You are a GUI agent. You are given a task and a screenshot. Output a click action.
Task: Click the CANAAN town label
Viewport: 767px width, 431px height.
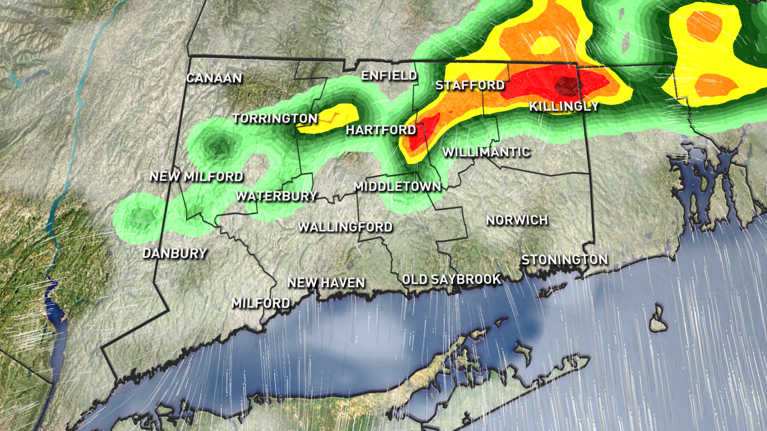[x=214, y=78]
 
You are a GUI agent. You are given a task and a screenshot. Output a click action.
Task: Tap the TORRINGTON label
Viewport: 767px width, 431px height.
[x=275, y=119]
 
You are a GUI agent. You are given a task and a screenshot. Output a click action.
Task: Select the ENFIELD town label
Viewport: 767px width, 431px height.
[x=389, y=75]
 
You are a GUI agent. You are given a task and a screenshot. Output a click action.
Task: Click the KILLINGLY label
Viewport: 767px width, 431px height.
[x=564, y=107]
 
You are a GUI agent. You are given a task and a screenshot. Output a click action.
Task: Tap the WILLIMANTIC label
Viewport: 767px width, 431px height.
[x=486, y=152]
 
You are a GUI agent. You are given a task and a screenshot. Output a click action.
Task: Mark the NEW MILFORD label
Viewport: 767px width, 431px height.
[x=197, y=177]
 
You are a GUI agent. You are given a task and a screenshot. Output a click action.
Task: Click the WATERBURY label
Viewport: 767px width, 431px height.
[x=276, y=196]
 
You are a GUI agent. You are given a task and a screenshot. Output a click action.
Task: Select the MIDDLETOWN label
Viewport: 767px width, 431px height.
[x=397, y=187]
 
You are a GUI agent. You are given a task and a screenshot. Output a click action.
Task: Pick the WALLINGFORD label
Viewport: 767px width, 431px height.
[x=345, y=227]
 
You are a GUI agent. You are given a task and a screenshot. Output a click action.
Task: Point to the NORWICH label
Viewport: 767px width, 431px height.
[x=517, y=220]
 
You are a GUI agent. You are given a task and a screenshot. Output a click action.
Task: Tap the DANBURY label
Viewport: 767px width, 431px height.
[x=174, y=253]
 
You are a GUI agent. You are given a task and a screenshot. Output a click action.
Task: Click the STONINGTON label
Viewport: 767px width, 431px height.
[x=564, y=260]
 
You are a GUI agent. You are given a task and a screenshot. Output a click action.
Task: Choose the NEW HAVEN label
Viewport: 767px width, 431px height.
[x=326, y=283]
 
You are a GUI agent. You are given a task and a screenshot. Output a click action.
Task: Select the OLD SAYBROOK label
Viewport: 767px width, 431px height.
[x=451, y=280]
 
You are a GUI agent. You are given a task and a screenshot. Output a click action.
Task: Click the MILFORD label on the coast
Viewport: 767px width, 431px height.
[x=261, y=303]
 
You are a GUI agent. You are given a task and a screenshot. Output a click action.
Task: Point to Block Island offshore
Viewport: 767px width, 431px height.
[x=659, y=318]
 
